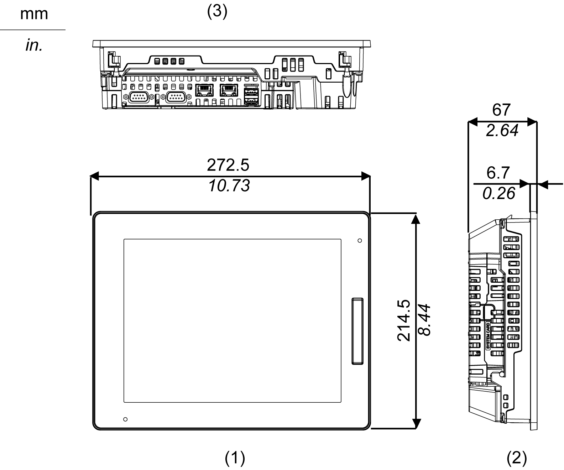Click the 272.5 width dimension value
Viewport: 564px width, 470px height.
228,165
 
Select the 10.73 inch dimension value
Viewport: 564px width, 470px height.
229,186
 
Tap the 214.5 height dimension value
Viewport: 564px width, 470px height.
404,320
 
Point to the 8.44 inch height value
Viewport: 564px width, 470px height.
424,320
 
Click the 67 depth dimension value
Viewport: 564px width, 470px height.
501,110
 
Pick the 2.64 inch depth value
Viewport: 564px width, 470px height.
502,130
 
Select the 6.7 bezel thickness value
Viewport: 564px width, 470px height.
498,173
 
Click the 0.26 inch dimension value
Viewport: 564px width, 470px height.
498,193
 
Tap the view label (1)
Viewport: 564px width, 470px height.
235,458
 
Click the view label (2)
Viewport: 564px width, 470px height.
517,458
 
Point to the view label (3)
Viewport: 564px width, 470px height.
217,11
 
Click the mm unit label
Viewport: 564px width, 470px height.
34,14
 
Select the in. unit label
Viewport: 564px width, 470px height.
34,45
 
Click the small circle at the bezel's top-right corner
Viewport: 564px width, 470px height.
360,240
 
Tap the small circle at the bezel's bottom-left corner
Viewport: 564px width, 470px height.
125,419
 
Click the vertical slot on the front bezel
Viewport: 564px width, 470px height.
357,331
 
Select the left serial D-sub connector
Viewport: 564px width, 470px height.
139,97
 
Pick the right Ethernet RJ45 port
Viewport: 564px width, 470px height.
229,90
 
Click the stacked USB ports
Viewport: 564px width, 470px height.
251,96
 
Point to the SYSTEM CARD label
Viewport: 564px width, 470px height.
488,336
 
